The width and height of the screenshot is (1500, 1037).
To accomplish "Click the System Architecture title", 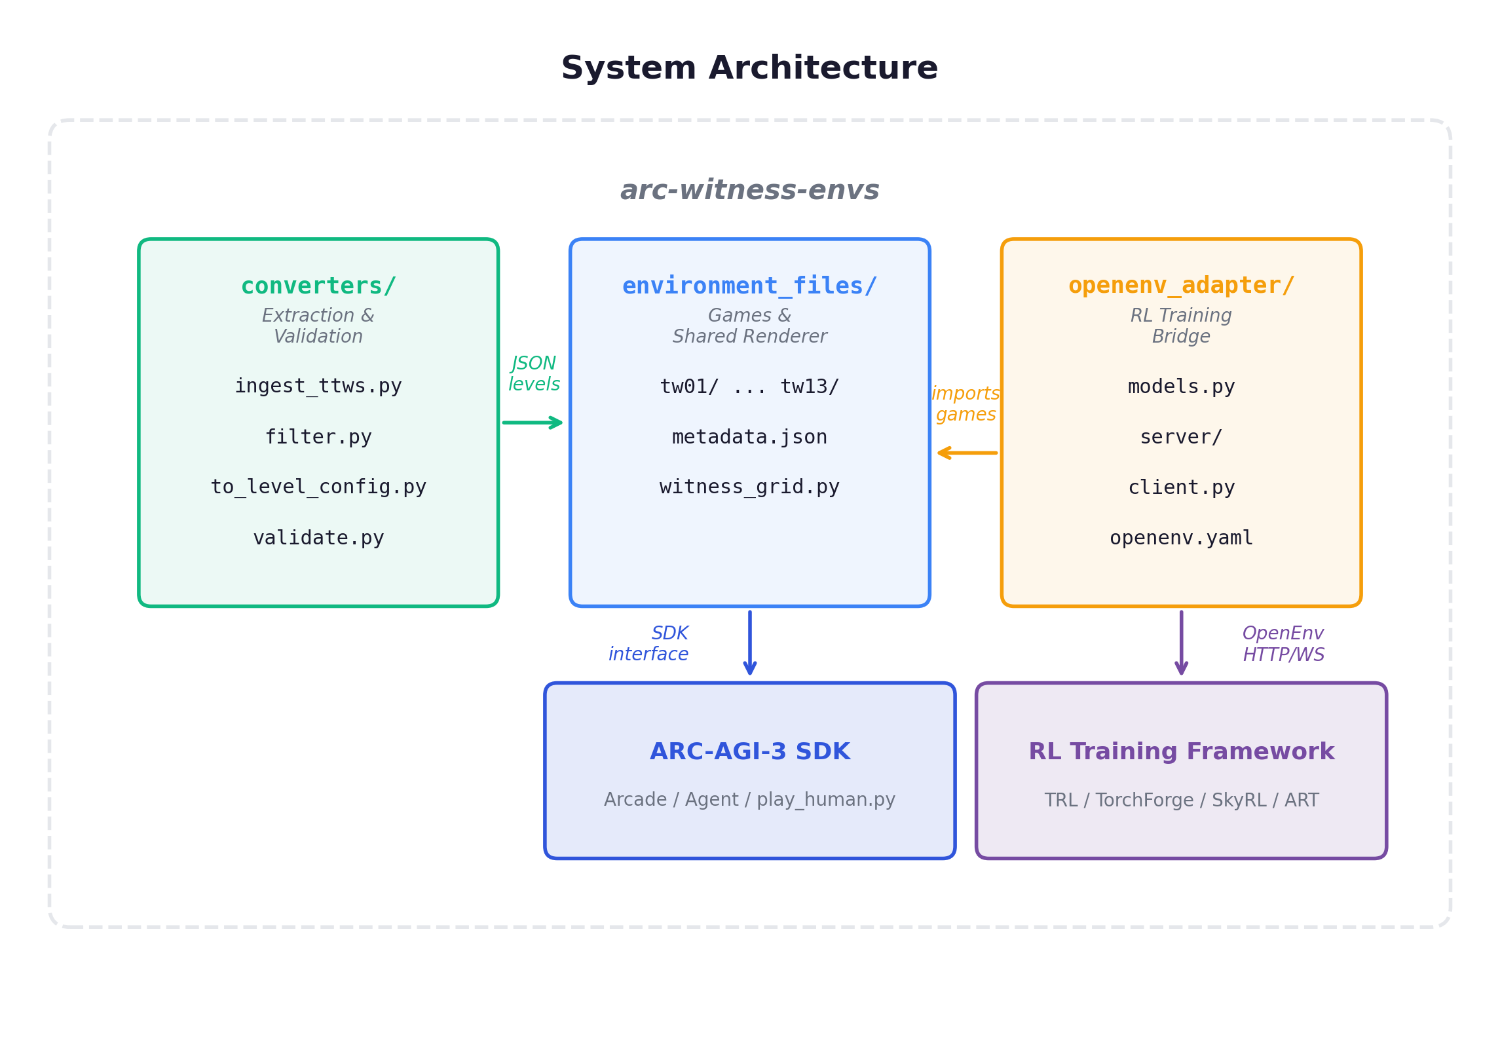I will pos(749,68).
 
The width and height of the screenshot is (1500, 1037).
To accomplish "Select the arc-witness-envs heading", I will pos(749,190).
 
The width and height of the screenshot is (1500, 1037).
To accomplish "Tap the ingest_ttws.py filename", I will pos(318,386).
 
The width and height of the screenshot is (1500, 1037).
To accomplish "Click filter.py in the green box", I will pos(318,436).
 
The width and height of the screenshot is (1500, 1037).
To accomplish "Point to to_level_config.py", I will pos(318,487).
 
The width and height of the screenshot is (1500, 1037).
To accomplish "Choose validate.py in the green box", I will pos(318,537).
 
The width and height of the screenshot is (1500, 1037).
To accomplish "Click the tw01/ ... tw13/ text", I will pos(749,387).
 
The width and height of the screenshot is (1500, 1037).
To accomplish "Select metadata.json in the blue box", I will pos(749,437).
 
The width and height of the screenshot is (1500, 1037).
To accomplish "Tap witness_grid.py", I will pos(749,487).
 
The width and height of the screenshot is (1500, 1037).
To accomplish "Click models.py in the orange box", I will pos(1181,387).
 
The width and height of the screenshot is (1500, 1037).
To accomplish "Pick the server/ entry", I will pos(1181,437).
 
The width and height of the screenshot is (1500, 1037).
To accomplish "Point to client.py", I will pos(1181,487).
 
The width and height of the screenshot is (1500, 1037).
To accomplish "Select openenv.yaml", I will pos(1181,538).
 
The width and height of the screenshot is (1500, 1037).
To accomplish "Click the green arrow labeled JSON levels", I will pos(533,423).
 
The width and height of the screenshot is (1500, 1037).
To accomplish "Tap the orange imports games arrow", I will pos(967,453).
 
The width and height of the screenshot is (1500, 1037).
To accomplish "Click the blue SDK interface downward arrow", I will pos(750,642).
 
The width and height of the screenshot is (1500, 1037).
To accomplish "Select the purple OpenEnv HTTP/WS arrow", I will pos(1181,642).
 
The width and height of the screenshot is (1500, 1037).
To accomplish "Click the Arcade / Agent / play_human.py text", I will pos(749,799).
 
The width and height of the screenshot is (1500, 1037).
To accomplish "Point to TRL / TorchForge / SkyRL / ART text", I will pos(1181,800).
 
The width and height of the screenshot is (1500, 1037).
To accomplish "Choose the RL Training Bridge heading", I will pos(1181,326).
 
